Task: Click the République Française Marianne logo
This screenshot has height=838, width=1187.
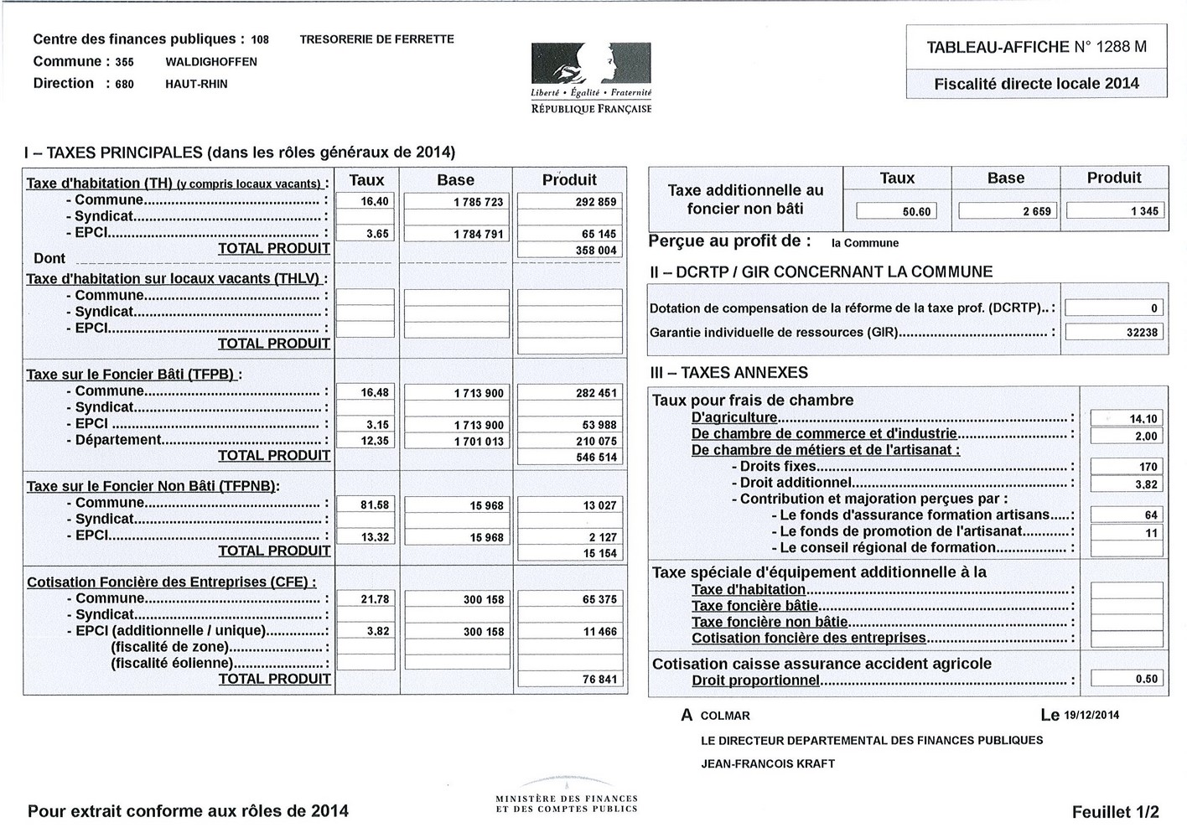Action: (591, 63)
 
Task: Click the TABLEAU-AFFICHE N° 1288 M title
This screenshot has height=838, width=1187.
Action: (1036, 47)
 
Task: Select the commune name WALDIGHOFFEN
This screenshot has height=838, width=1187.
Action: (211, 62)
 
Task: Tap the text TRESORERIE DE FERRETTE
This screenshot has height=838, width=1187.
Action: (376, 39)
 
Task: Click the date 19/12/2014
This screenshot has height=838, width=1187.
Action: (1091, 716)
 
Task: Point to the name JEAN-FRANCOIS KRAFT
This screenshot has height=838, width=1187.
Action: (768, 764)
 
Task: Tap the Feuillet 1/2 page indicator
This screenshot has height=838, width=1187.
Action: (1115, 812)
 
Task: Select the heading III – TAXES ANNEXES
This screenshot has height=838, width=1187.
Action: (728, 373)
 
